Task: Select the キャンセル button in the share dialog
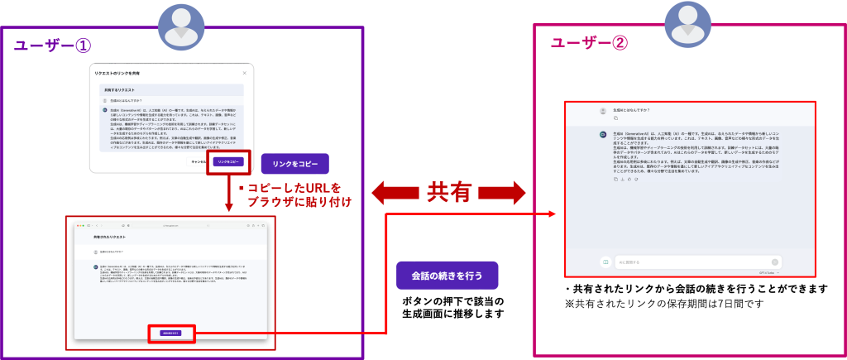[199, 162]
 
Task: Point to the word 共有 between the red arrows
[448, 193]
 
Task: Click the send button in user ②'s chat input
[775, 262]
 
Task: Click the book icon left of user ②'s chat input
[605, 262]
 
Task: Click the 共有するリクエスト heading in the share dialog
[119, 88]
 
